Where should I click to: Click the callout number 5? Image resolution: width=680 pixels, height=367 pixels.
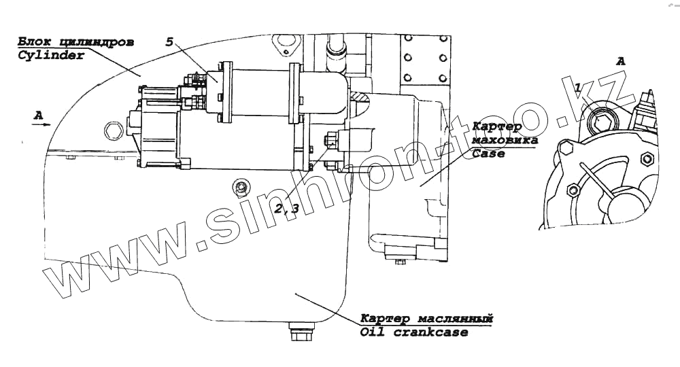pos(169,41)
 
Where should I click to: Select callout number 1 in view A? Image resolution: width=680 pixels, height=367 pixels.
pos(578,88)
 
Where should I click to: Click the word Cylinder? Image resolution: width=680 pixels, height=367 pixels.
pos(50,56)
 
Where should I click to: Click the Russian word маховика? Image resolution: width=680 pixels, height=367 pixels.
pos(505,141)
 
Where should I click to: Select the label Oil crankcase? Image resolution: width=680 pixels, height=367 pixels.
pos(414,332)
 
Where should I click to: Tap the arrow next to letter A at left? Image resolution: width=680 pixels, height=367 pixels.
pos(42,124)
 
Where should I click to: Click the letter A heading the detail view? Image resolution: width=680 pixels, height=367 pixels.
pos(619,60)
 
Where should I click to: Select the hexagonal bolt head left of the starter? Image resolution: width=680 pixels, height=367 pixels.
pos(113,128)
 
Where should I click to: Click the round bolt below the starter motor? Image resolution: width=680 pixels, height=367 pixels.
pos(239,186)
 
